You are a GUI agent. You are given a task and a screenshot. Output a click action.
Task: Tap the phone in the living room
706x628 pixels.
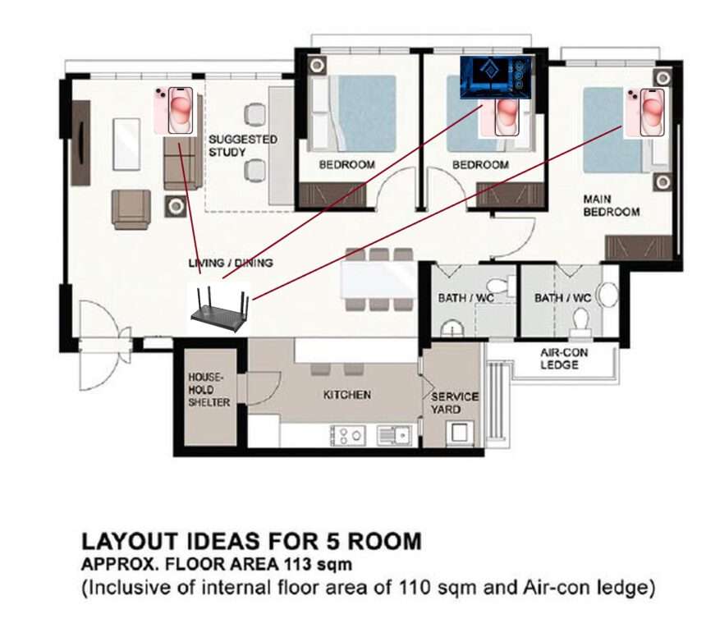click(x=176, y=110)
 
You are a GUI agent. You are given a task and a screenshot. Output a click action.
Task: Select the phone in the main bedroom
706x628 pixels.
click(x=646, y=112)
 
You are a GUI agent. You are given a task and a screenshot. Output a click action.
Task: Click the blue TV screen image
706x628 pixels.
click(x=496, y=77)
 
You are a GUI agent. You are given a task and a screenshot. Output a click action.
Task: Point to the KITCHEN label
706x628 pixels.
click(x=347, y=395)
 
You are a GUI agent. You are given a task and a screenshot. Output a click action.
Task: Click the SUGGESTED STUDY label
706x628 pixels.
click(x=242, y=145)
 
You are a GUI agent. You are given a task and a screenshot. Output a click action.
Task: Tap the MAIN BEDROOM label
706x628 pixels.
click(x=611, y=205)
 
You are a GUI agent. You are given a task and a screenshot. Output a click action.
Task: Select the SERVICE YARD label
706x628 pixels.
click(x=454, y=403)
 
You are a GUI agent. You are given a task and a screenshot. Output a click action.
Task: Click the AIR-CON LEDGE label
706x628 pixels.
click(x=564, y=359)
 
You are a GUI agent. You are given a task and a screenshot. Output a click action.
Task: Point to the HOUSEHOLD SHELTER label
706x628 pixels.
click(x=209, y=389)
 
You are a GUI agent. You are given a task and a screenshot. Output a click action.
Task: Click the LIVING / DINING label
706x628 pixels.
click(x=231, y=263)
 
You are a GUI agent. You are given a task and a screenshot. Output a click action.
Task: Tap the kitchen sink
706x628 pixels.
click(x=394, y=435)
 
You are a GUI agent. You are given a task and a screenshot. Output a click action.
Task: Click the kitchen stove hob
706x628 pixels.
click(x=347, y=435)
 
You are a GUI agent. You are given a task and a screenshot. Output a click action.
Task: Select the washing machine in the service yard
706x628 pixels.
click(x=460, y=433)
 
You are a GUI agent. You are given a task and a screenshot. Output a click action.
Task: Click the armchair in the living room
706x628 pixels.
click(x=131, y=209)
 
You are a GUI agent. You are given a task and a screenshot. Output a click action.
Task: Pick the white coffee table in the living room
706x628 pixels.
click(x=126, y=144)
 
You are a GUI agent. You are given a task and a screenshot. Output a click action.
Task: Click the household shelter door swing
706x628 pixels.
click(x=264, y=387)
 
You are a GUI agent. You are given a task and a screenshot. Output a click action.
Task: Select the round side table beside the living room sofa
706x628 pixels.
click(x=176, y=207)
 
